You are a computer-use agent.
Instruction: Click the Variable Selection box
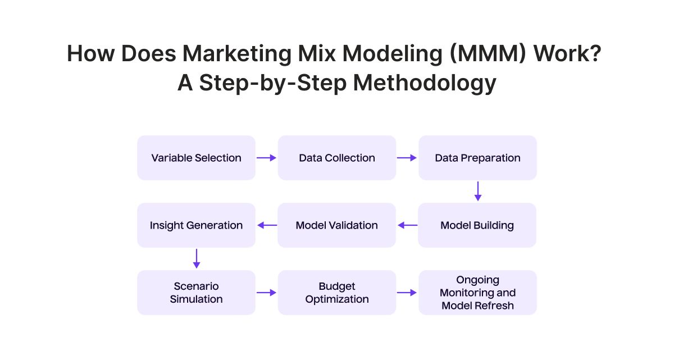click(x=196, y=158)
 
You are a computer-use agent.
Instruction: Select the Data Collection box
click(x=336, y=158)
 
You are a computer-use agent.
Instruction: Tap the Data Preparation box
click(x=477, y=158)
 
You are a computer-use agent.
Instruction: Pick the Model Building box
click(x=477, y=225)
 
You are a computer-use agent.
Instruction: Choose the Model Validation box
click(x=336, y=225)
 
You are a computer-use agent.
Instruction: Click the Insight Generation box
click(x=196, y=225)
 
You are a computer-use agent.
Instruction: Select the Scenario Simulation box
click(x=196, y=293)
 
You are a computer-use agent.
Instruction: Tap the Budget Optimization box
click(x=336, y=293)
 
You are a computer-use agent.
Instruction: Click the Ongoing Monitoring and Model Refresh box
click(x=477, y=293)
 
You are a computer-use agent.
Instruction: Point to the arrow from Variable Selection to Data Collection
click(x=267, y=158)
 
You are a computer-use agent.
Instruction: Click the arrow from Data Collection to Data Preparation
click(x=407, y=158)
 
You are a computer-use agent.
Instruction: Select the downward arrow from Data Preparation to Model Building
click(x=477, y=191)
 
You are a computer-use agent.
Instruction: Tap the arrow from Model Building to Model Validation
click(x=407, y=225)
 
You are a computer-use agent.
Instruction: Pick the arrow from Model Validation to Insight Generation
click(x=267, y=225)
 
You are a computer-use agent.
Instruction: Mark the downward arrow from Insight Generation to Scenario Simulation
click(x=196, y=258)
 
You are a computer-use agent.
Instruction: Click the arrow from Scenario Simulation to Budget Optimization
click(x=267, y=293)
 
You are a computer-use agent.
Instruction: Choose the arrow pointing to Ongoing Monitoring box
click(x=407, y=293)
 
